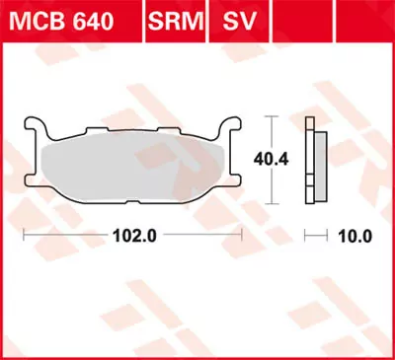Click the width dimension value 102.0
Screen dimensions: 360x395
[133, 237]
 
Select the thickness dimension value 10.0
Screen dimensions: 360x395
[353, 237]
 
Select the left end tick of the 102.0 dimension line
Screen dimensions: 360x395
[25, 237]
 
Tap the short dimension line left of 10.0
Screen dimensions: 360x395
[315, 237]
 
